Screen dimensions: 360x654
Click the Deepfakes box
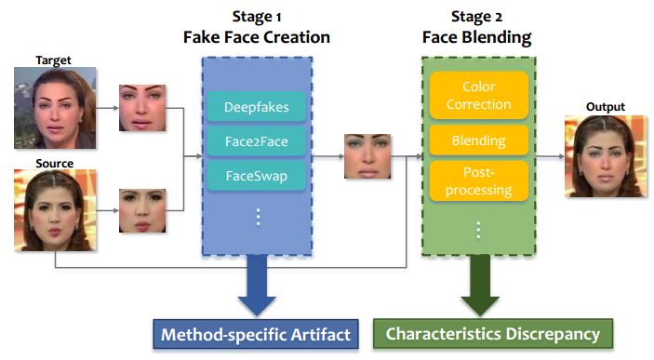click(256, 107)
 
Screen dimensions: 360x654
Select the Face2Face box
click(256, 142)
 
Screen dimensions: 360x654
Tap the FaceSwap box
click(256, 176)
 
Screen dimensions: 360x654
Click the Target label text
click(53, 60)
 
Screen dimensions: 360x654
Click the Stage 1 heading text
click(256, 18)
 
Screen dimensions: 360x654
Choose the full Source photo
click(54, 212)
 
